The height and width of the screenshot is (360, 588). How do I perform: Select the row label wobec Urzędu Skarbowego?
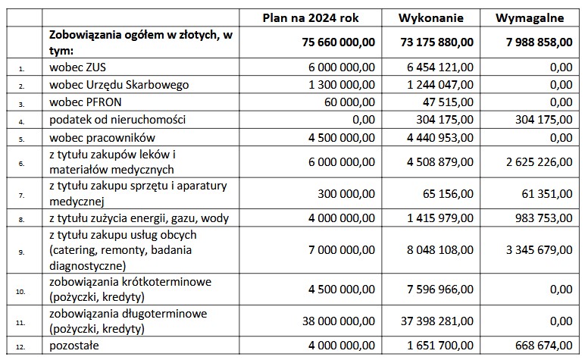point(117,84)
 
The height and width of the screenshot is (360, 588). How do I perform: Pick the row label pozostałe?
point(73,346)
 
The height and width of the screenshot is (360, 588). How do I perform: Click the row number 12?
point(22,346)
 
